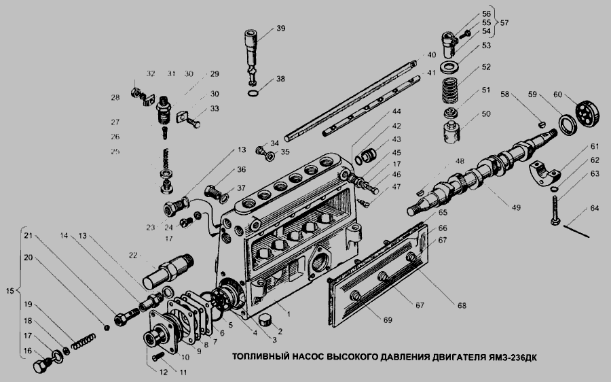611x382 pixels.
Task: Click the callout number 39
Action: [x=281, y=29]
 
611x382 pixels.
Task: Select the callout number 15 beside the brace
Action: [x=10, y=292]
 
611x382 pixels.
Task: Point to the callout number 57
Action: [x=504, y=22]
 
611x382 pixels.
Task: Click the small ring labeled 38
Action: [x=251, y=92]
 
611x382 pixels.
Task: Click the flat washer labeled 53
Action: [x=449, y=68]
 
